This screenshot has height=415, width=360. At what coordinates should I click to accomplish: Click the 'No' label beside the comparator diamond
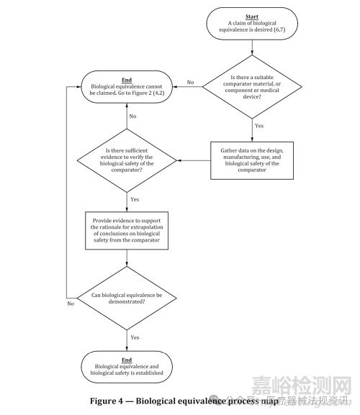tap(190, 82)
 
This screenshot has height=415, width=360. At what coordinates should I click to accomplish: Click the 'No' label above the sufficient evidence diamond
tap(133, 116)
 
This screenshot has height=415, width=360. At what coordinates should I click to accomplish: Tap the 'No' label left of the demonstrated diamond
tap(71, 304)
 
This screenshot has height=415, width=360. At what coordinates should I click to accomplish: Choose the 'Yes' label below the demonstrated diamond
tap(135, 336)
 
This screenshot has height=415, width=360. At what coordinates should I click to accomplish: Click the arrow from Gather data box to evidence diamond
tap(194, 160)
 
